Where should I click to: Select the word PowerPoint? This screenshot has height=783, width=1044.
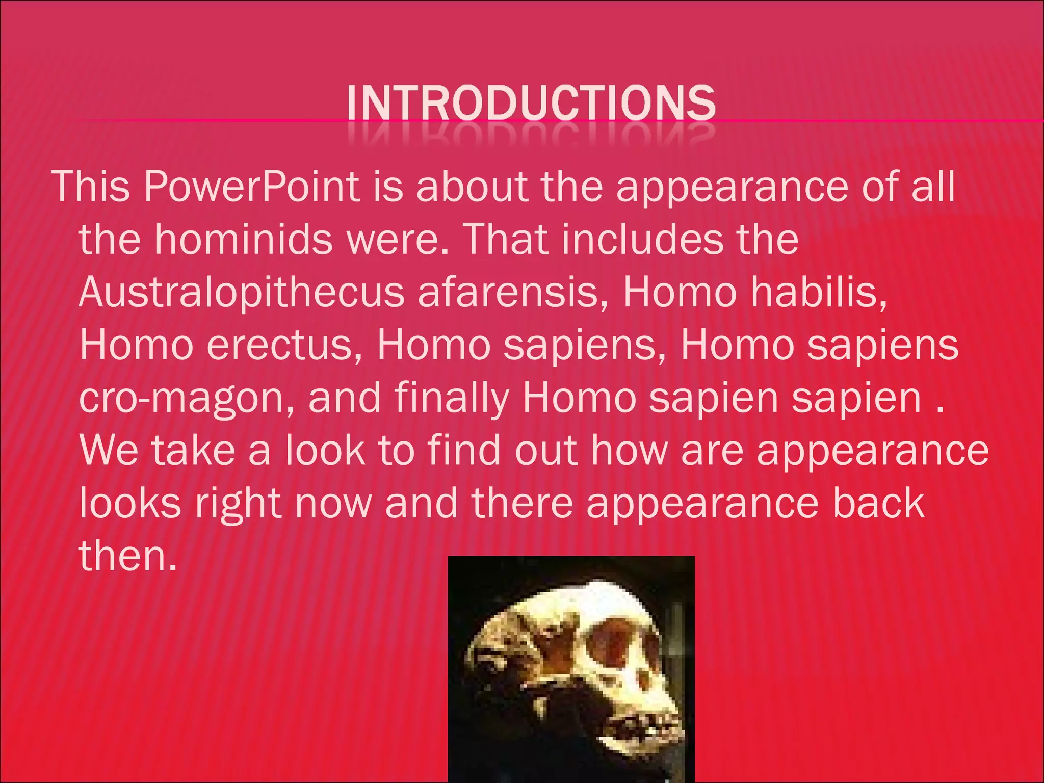coord(252,187)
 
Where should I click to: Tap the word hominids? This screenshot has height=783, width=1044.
coord(243,240)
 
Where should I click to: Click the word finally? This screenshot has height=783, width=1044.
coord(452,399)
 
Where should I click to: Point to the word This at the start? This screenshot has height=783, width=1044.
coord(92,187)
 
